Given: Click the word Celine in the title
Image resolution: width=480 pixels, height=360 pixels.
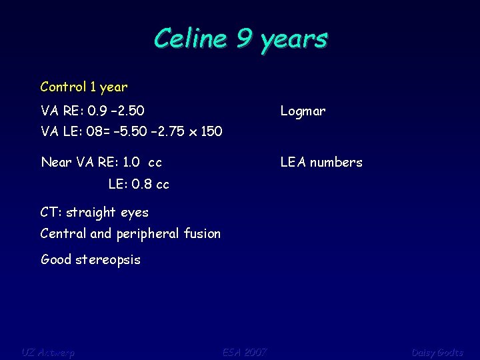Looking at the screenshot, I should point(189,38).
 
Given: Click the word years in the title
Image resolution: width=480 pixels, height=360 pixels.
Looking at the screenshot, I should point(294,39).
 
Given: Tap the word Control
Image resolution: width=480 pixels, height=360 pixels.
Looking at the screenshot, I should point(63,87).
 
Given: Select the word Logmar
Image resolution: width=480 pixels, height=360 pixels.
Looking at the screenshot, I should point(303,111).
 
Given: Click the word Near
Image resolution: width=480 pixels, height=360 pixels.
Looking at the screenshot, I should point(55,162).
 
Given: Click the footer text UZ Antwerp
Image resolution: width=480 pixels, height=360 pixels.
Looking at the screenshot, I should point(48,352).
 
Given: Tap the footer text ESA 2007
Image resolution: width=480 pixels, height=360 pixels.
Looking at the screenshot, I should point(244,352).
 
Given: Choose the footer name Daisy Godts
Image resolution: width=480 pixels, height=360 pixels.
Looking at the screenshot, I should point(437,352).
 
